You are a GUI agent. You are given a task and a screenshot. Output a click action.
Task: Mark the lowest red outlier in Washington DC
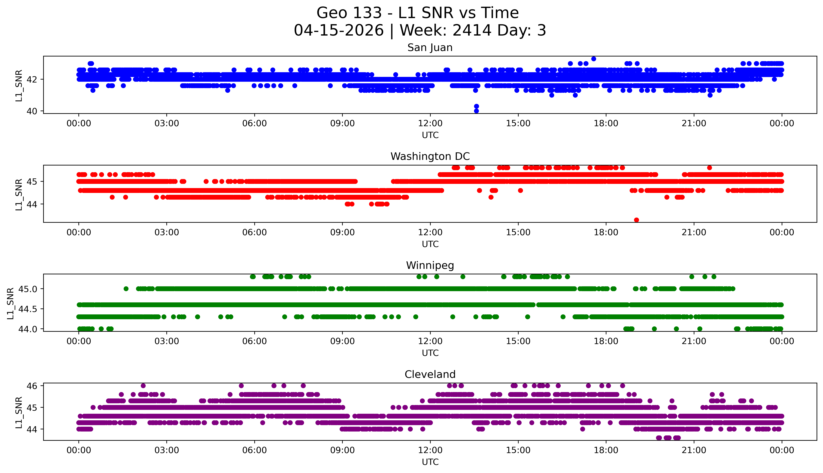637,220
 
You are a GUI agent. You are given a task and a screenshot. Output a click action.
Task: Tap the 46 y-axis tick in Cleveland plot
34,386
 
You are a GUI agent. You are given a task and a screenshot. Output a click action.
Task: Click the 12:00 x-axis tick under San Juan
430,124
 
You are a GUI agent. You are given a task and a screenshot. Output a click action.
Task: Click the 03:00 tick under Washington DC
167,232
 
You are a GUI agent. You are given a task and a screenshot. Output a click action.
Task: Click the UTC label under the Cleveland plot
430,462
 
